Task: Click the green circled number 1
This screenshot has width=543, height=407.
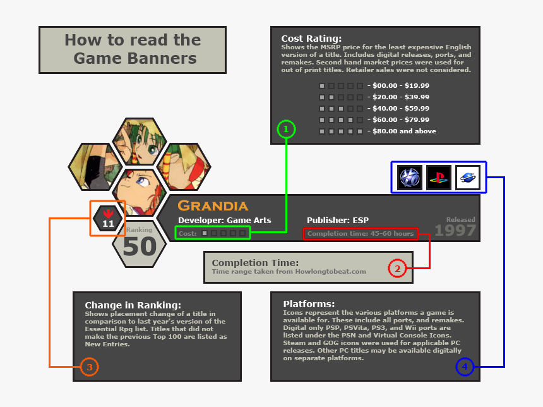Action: pos(286,130)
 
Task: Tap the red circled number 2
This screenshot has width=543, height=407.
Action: pos(397,269)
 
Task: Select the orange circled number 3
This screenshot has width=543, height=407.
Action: pos(89,367)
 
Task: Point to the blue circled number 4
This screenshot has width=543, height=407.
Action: pos(464,367)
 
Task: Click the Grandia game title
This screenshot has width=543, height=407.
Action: pos(213,206)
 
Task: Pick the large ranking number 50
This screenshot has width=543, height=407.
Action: pos(139,247)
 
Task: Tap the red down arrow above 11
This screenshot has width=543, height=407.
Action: pos(108,213)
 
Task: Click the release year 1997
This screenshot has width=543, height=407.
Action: pos(455,231)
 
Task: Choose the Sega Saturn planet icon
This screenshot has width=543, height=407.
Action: pos(468,178)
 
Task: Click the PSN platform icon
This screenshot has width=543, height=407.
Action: pos(409,178)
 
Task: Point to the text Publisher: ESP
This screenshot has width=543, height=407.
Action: pos(338,221)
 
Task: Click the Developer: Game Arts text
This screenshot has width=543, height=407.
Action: pos(224,221)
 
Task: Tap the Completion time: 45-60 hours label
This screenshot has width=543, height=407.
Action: pos(361,234)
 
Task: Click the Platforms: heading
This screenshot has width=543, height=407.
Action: pos(309,304)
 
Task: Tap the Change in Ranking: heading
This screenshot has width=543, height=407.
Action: pos(133,305)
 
